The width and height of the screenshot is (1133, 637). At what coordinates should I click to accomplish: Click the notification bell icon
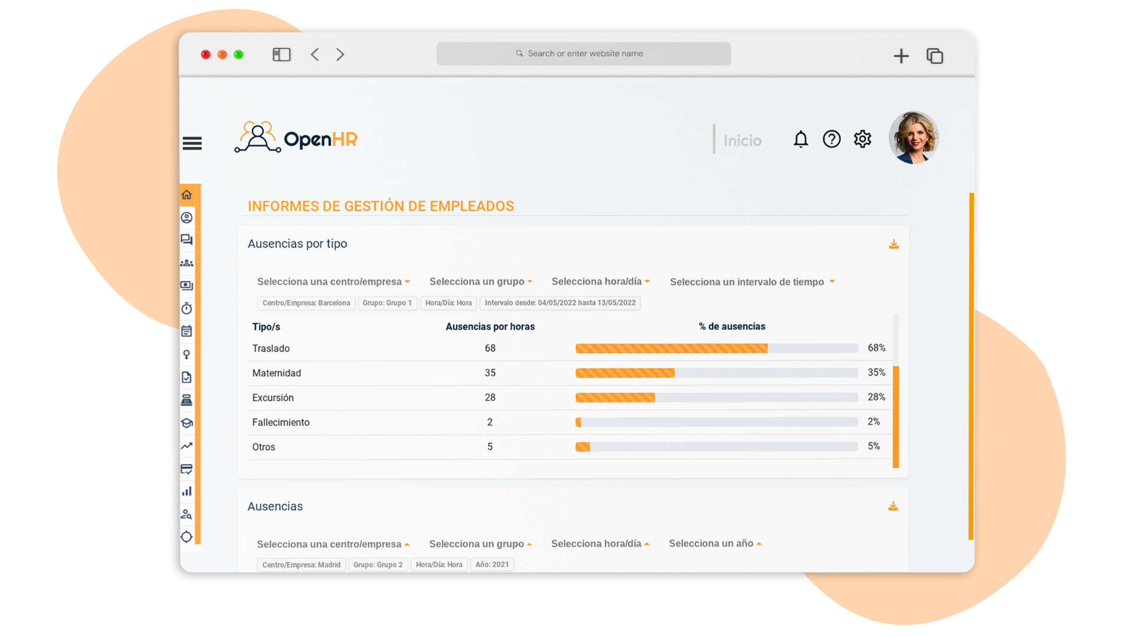coord(800,139)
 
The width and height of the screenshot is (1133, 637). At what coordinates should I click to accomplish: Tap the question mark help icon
coord(831,139)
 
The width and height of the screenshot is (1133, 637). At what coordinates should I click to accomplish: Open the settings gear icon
coord(862,139)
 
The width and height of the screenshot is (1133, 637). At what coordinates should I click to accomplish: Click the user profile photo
coord(913,137)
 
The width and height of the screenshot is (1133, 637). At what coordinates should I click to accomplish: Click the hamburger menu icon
coord(192,143)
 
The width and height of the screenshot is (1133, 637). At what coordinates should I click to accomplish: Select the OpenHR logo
coord(296,138)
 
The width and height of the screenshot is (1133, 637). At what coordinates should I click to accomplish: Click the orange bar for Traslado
coord(671,349)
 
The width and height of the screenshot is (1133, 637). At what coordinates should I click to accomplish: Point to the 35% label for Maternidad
coord(876,373)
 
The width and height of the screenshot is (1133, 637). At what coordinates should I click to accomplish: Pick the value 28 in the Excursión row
coord(490,398)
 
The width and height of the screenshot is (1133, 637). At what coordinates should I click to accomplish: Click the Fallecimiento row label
coord(280,422)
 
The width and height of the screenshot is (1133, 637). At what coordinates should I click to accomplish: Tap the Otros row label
coord(263,447)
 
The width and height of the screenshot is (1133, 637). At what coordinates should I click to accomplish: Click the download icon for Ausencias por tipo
coord(893,244)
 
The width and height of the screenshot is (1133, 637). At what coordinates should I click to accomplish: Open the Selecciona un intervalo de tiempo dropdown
coord(752,282)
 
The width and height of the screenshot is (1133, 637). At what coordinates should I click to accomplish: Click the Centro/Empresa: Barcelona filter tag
coord(306,303)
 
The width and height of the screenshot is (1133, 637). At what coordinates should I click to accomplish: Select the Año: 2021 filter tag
coord(492,564)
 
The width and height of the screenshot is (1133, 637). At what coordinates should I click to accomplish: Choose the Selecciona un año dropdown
coord(715,544)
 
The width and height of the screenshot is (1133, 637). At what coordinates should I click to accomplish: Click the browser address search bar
coord(583,54)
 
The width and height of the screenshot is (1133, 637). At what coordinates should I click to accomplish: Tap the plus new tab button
coord(900,56)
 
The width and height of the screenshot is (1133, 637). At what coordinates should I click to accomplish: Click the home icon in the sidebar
coord(187,195)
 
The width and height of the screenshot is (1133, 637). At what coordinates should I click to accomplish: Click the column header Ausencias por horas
coord(489,327)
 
